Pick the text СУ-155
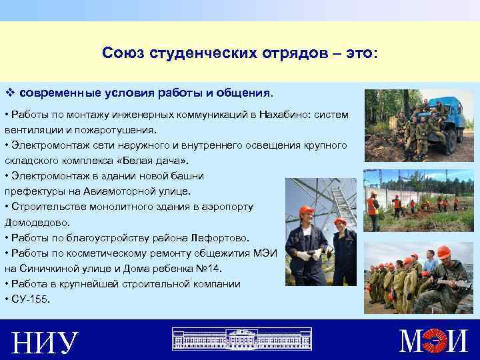tap(30, 299)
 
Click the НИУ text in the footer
tap(45, 343)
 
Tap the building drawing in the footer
tap(241, 339)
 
